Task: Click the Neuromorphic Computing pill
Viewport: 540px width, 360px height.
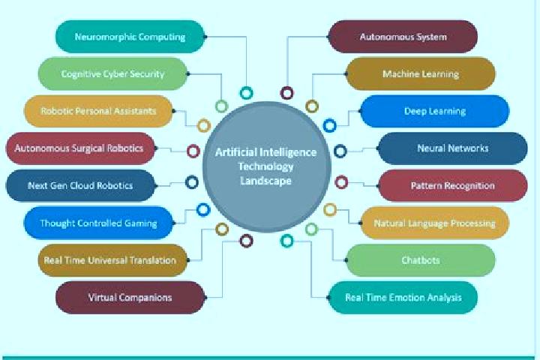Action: [x=130, y=37]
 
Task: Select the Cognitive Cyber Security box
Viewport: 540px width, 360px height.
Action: [x=113, y=73]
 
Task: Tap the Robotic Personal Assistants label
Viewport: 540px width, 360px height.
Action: [x=98, y=111]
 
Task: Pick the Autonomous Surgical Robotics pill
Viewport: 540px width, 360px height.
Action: [x=80, y=148]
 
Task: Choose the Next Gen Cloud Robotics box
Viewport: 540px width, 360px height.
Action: [x=80, y=185]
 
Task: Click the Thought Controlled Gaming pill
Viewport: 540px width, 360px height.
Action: [x=98, y=223]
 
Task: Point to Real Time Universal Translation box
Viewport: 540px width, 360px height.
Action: [x=113, y=260]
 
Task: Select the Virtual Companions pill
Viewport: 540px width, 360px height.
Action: [x=130, y=297]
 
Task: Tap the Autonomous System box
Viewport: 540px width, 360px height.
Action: [x=403, y=37]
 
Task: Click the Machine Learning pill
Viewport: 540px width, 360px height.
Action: [x=421, y=73]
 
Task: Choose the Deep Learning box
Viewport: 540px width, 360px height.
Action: [x=434, y=111]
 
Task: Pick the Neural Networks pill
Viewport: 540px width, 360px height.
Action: [x=453, y=148]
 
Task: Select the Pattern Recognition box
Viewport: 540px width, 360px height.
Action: [x=453, y=185]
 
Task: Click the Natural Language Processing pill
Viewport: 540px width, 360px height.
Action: [x=434, y=223]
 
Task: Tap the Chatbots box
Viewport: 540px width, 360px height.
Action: [x=421, y=260]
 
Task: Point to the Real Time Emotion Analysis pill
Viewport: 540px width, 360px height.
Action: [x=403, y=297]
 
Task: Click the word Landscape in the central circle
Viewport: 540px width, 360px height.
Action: [x=265, y=181]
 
